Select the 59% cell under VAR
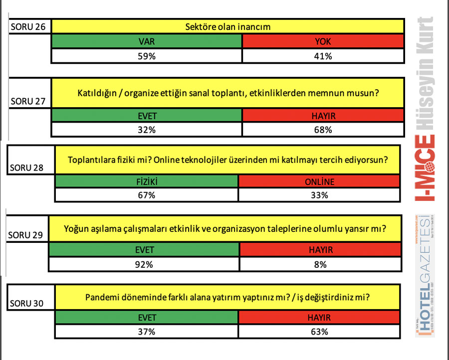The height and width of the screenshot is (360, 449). [x=147, y=56]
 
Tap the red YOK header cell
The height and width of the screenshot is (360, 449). [x=323, y=42]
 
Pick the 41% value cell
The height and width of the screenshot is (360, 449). [x=323, y=56]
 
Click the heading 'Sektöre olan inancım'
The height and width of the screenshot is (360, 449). [x=227, y=27]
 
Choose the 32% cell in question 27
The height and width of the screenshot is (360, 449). [x=147, y=130]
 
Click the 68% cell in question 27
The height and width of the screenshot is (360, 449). [x=323, y=130]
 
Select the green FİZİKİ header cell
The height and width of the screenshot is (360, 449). [x=147, y=181]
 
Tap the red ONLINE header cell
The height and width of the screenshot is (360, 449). [x=319, y=181]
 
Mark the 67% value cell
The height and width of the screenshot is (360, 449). [x=147, y=195]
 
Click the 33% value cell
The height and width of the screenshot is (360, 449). [x=319, y=195]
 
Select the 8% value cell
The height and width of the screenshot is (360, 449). [x=320, y=265]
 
